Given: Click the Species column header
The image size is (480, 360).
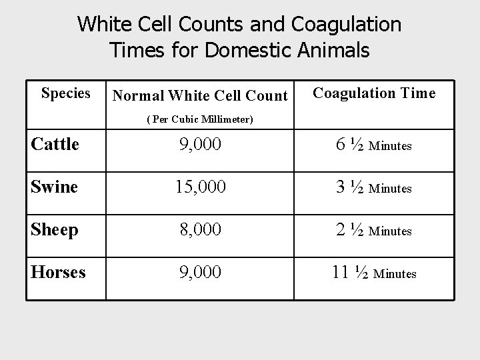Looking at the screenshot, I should (x=65, y=93).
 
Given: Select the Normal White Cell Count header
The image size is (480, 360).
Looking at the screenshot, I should (x=200, y=96).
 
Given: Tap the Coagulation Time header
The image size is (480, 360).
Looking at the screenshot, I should (x=374, y=93).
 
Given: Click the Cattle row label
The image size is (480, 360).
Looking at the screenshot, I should (x=55, y=144).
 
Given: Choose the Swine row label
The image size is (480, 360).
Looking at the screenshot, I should (x=55, y=187).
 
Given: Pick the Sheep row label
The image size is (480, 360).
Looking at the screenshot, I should (x=55, y=230).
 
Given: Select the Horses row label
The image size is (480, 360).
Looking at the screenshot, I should (x=58, y=273).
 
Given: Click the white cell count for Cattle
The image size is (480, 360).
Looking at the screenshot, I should (x=200, y=145).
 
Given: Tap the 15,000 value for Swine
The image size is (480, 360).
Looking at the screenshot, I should (x=200, y=188).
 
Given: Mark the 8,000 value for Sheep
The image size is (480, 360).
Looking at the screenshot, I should (x=200, y=231).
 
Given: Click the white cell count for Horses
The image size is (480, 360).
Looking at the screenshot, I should (x=200, y=273).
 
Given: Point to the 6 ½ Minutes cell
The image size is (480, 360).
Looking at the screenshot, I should (x=374, y=145).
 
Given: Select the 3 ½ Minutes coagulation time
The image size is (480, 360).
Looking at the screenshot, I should (x=374, y=188).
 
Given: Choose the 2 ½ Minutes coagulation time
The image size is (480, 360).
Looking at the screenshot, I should (x=374, y=231).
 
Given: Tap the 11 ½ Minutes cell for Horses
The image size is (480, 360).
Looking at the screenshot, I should (x=374, y=273).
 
